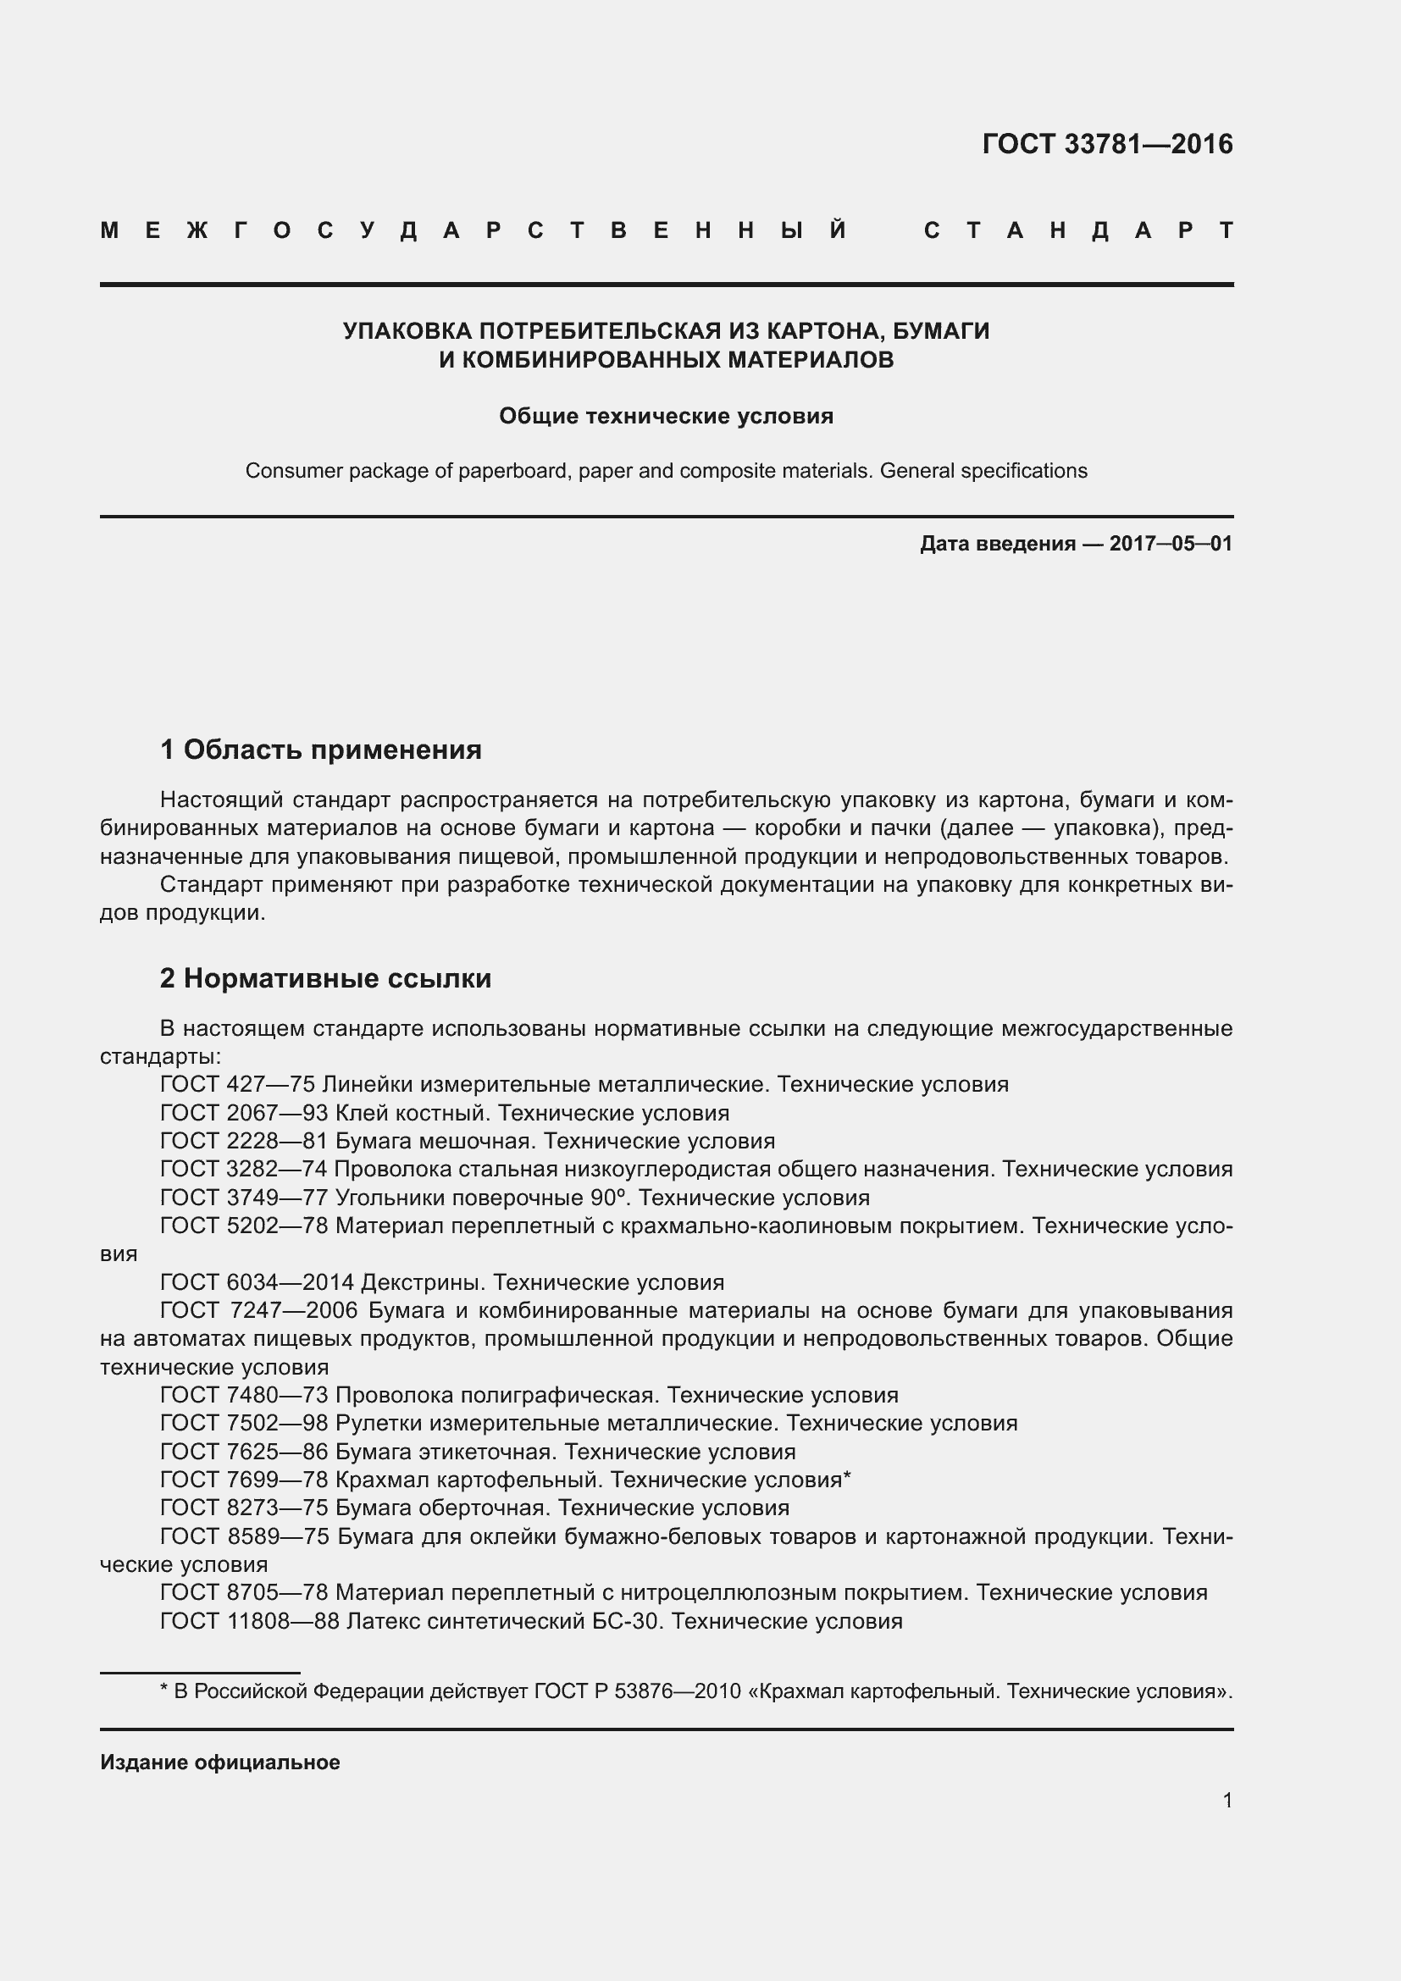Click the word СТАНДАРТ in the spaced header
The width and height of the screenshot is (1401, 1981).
coord(1078,231)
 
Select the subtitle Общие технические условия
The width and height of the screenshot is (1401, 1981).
coord(666,416)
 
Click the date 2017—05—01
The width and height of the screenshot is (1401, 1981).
coord(1171,544)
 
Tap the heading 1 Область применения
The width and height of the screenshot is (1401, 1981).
coord(321,750)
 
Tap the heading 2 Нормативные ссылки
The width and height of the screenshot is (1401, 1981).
coord(326,978)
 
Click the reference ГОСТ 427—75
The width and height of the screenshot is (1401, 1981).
coord(236,1085)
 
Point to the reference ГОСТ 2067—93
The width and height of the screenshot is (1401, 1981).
coord(243,1113)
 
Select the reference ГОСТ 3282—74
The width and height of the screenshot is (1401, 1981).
coord(243,1169)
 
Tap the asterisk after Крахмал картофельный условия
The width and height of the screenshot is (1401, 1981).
coord(847,1479)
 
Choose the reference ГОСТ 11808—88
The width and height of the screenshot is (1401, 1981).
coord(249,1621)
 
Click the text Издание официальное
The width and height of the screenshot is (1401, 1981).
coord(220,1762)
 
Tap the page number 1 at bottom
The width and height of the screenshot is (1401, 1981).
coord(1227,1800)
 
